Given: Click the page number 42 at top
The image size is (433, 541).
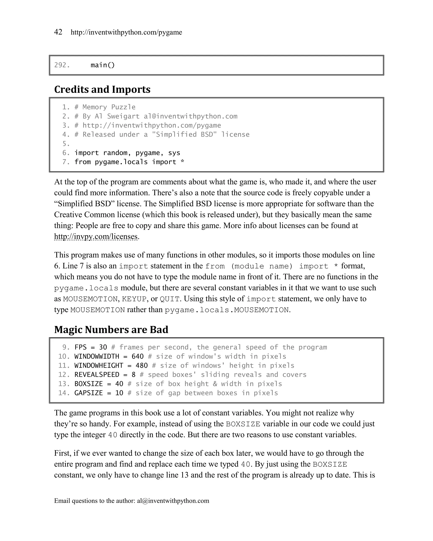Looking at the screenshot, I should click(58, 32).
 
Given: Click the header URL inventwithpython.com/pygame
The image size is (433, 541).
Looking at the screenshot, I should click(126, 32).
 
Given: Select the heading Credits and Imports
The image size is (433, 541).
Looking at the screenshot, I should click(102, 89).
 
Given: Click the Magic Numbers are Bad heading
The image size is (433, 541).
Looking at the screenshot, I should click(111, 329).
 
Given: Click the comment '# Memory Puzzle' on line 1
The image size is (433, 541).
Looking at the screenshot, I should click(105, 107).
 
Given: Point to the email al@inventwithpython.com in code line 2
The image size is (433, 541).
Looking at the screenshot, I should click(190, 116).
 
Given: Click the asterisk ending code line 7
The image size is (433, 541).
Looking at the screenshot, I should click(182, 162).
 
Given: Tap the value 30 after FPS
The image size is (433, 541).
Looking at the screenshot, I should click(103, 347).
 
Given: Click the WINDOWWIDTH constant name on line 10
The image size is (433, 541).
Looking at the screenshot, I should click(97, 357).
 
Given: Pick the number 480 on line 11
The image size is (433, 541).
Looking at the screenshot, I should click(142, 366).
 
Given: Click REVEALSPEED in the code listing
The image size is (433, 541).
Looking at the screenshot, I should click(97, 375).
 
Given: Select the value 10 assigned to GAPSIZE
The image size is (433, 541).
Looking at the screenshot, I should click(119, 393).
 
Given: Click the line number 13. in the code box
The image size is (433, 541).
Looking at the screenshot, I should click(64, 384).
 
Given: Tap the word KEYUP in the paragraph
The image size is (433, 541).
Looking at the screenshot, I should click(134, 299).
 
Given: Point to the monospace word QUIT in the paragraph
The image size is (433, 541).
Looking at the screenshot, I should click(170, 299).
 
